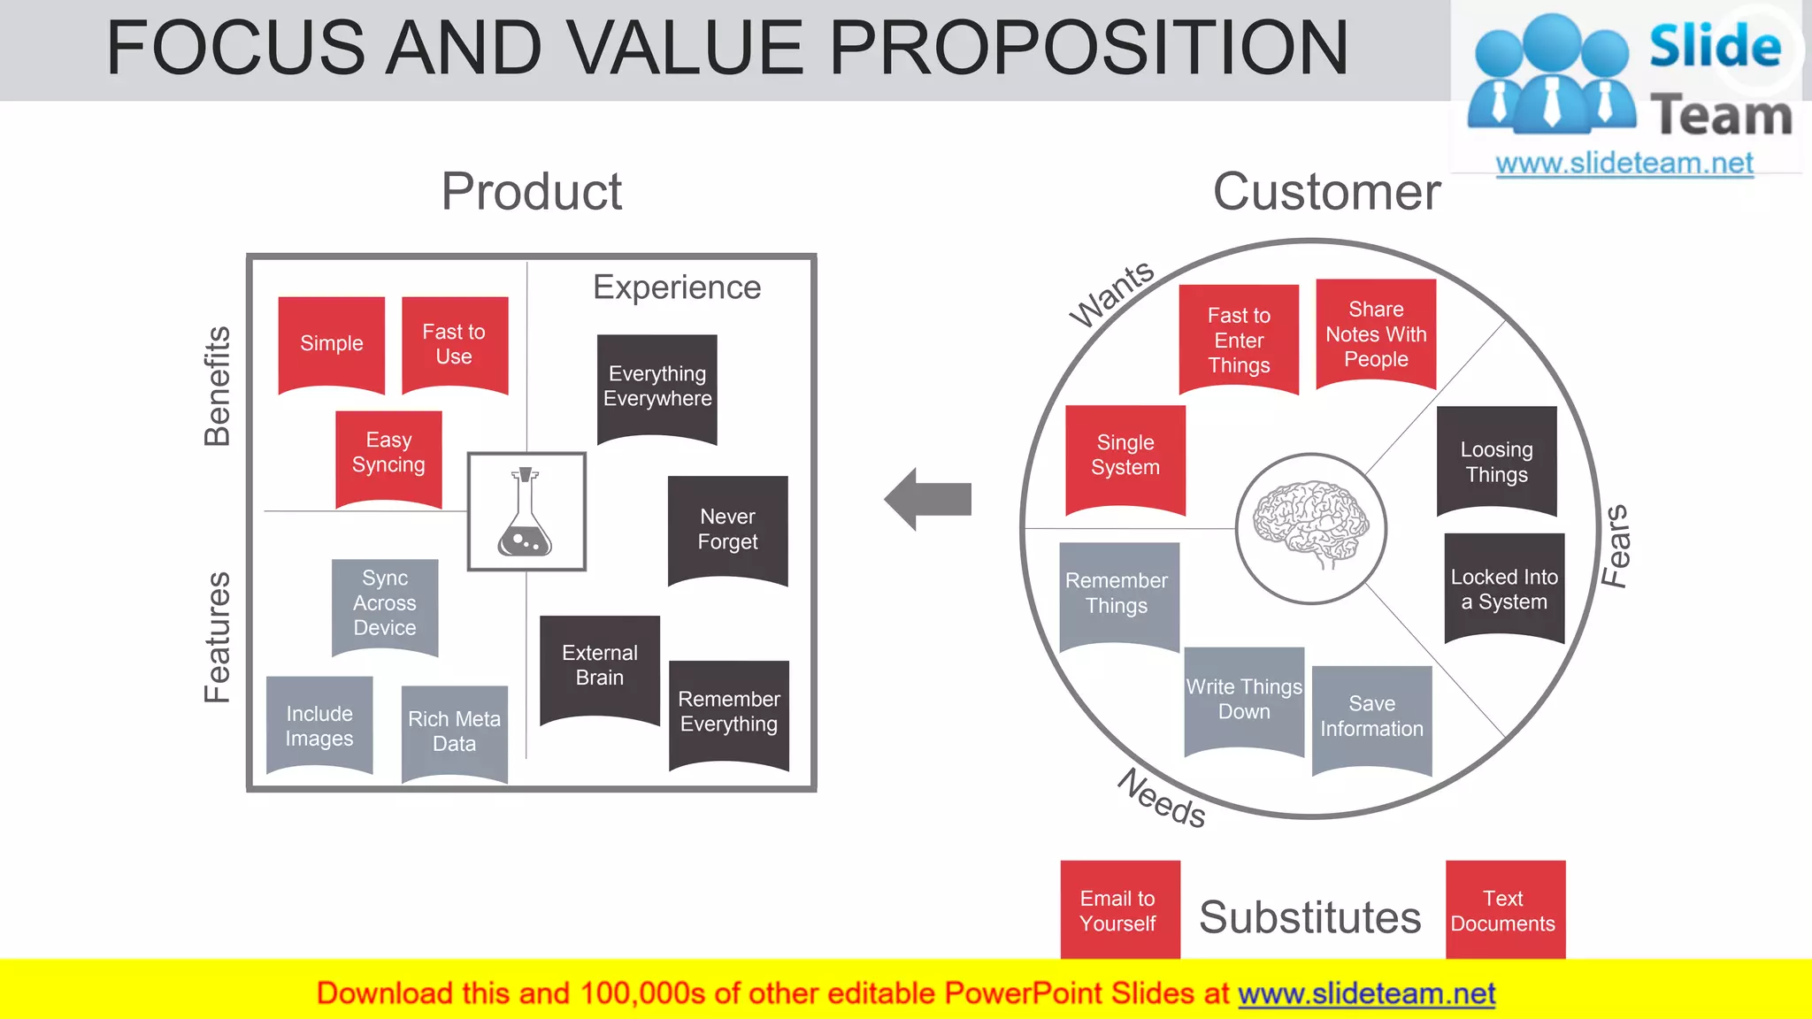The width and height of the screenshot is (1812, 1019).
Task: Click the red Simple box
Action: tap(331, 343)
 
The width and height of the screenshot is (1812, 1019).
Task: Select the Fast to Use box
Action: tap(454, 343)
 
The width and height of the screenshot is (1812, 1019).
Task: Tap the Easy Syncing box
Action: tap(388, 453)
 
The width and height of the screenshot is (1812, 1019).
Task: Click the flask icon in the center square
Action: tap(526, 512)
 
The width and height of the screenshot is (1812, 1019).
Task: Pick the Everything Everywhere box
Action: tap(656, 387)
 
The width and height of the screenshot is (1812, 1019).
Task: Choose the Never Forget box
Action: tap(727, 529)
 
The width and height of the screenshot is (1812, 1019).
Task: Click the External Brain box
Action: tap(599, 665)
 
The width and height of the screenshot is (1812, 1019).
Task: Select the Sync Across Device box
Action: tap(384, 603)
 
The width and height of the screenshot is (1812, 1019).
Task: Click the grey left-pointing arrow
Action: tap(927, 499)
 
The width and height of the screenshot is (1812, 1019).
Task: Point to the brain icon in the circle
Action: tap(1310, 525)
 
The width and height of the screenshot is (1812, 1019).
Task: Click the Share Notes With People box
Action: tap(1375, 333)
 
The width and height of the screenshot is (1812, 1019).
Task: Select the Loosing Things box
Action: tap(1496, 461)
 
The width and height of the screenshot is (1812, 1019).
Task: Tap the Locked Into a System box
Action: tap(1503, 588)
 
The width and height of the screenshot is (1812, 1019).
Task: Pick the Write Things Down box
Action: tap(1243, 699)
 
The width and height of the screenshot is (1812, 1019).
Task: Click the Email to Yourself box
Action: tap(1119, 910)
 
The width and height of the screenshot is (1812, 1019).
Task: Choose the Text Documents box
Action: tap(1504, 910)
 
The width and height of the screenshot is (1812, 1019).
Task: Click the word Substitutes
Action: tap(1309, 917)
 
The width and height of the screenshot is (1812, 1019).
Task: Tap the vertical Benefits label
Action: tap(218, 386)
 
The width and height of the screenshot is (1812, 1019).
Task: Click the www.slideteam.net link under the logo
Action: tap(1624, 163)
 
